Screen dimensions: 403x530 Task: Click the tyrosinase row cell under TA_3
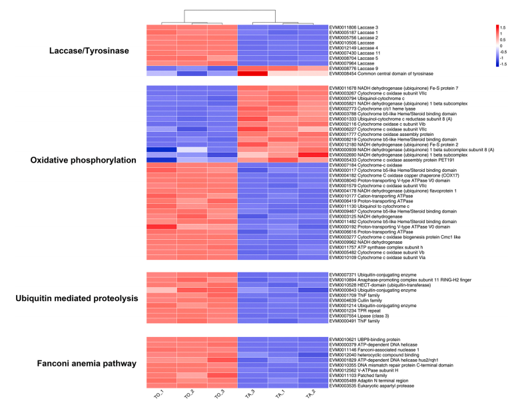pos(253,73)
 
